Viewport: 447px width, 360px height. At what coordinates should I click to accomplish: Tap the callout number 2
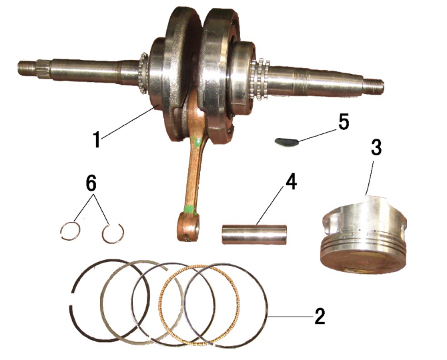(x=320, y=316)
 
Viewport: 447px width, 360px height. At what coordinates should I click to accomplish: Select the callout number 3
(x=376, y=148)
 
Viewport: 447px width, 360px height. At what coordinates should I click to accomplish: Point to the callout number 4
(x=291, y=182)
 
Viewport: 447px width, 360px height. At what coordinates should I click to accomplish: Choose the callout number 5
(x=344, y=122)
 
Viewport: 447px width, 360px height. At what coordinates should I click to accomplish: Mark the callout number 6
(x=91, y=183)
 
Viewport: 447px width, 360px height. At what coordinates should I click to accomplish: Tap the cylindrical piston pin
(x=254, y=235)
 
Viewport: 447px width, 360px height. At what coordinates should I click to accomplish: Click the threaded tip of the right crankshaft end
(x=374, y=87)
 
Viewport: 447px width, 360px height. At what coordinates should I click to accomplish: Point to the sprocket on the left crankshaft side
(x=143, y=73)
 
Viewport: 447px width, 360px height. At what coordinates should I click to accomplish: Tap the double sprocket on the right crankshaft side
(x=260, y=80)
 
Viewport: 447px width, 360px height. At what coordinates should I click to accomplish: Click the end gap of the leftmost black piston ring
(x=71, y=299)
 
